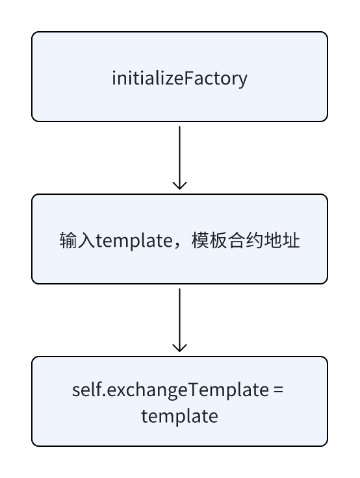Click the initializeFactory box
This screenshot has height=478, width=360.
180,77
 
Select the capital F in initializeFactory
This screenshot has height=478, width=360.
189,78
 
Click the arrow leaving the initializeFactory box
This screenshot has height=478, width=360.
180,158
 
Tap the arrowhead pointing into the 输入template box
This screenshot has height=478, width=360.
180,185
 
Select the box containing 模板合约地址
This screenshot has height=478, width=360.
180,239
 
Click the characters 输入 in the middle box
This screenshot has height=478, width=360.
77,240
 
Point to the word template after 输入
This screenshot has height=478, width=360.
135,241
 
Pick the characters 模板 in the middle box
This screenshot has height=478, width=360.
209,240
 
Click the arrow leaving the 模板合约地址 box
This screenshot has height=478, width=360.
180,320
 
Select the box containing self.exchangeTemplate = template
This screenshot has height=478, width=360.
180,401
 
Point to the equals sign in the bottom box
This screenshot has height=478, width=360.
279,390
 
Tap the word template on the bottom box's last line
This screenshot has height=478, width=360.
180,416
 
